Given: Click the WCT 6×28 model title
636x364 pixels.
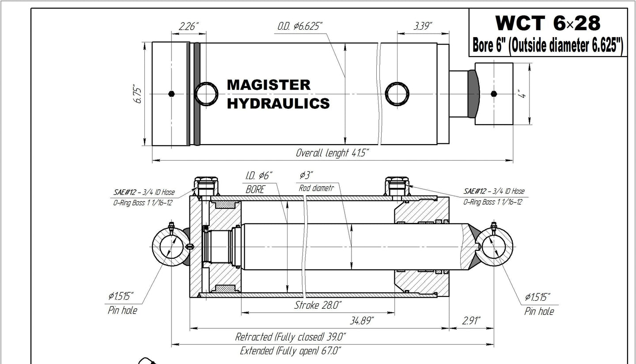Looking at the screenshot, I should (548, 22).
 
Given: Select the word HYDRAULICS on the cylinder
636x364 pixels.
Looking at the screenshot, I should (278, 103).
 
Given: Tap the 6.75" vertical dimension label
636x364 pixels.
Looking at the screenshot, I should (138, 94).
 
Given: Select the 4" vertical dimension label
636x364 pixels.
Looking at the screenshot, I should (523, 94).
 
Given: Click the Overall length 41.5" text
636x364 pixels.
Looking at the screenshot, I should (332, 153).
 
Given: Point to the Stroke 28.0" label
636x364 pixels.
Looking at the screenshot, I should (318, 305).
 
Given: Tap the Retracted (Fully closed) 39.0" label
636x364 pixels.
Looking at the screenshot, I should (290, 337).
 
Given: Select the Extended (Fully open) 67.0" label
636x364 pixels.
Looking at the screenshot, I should (290, 351).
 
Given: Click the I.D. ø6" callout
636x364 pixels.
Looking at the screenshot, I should (259, 176).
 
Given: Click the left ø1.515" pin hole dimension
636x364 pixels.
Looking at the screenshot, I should (119, 295).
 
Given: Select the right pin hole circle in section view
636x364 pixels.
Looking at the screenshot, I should (497, 247).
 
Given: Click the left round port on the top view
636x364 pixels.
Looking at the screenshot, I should (206, 94).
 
